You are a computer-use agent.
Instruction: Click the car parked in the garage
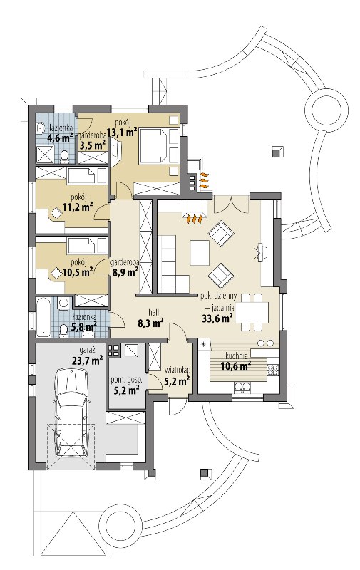pos(71,412)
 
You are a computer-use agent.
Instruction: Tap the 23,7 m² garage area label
pos(88,361)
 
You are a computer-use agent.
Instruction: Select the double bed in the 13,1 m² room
pos(154,145)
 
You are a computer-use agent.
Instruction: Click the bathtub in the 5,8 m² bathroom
pos(43,316)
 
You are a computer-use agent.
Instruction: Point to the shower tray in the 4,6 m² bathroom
pos(46,154)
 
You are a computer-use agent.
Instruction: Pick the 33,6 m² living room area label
pos(217,318)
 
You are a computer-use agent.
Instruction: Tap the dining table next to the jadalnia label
pos(252,312)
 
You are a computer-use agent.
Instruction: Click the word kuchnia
pos(237,356)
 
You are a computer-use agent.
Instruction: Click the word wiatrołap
pos(178,370)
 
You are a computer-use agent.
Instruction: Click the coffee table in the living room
pos(200,253)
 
